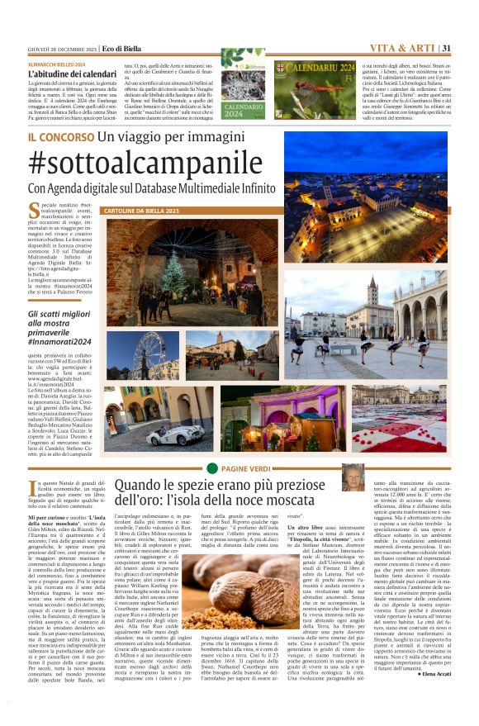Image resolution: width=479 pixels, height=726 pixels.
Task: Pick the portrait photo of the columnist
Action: pos(376,477)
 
